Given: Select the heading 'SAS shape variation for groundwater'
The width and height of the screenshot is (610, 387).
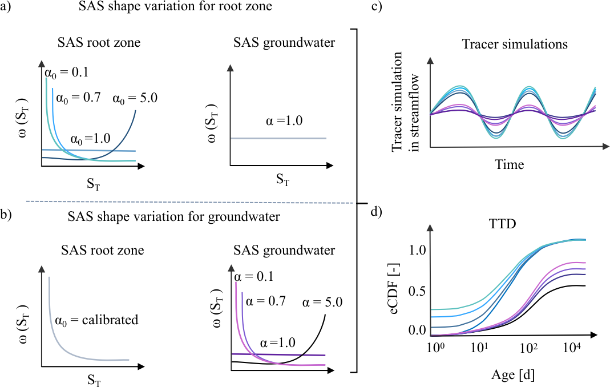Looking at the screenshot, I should [x=165, y=216].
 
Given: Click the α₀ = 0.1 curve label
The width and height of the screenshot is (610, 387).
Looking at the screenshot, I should [x=66, y=72].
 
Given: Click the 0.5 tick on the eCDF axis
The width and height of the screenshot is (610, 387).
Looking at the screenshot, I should [x=418, y=291].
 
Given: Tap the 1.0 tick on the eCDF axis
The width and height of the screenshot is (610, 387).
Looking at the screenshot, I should [x=418, y=249].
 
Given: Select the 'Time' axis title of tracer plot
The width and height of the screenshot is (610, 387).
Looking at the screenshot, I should [x=509, y=165].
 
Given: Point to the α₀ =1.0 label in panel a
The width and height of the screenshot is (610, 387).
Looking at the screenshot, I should [x=92, y=139].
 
